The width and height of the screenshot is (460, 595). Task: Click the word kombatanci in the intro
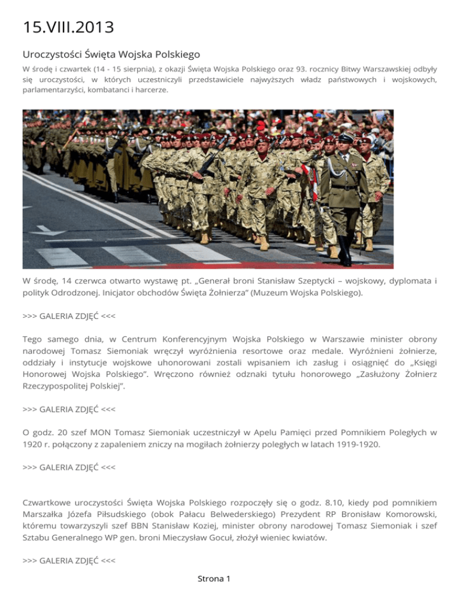108,90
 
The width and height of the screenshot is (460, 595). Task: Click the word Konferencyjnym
190,338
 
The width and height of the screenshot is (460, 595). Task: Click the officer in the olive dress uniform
344,186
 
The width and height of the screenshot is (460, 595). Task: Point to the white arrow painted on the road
50,230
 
